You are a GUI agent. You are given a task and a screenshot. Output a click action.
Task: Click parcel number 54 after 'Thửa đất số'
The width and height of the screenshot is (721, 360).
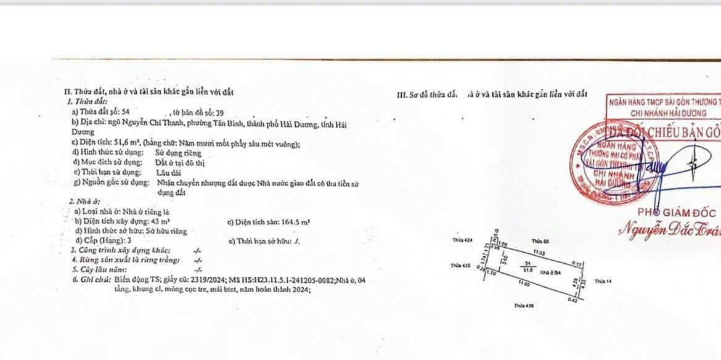point(126,112)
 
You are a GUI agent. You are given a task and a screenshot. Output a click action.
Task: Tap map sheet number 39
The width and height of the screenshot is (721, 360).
point(220,112)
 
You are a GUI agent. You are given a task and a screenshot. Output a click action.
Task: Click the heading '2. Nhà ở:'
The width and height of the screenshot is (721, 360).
point(85,202)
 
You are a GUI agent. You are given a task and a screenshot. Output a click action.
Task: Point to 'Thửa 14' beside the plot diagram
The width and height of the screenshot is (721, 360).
point(603,280)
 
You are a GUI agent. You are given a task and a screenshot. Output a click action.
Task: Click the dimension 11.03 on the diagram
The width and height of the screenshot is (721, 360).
point(539,253)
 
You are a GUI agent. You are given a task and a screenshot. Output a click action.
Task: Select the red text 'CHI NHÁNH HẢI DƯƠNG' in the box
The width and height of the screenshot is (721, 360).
point(659,113)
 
